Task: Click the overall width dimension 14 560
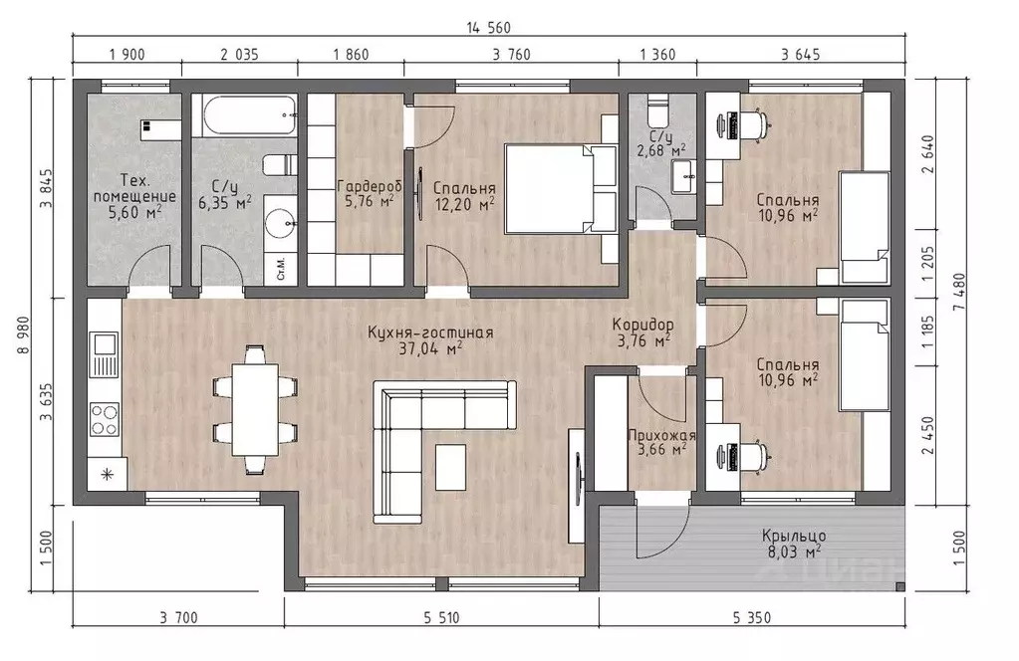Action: click(489, 27)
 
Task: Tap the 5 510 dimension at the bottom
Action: click(441, 617)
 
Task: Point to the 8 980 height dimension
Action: click(24, 335)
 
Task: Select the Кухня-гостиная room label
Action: click(430, 332)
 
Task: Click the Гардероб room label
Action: click(370, 186)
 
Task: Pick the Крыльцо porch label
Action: click(794, 537)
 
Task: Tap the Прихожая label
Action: click(661, 436)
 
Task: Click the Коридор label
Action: click(642, 324)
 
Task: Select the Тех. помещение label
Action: click(134, 188)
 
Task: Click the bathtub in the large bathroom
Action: click(249, 116)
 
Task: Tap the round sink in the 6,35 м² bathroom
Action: click(282, 224)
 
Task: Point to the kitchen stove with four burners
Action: click(104, 419)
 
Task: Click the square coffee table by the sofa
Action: click(450, 466)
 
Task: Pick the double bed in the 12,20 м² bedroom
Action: click(560, 188)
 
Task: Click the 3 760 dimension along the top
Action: click(511, 55)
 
